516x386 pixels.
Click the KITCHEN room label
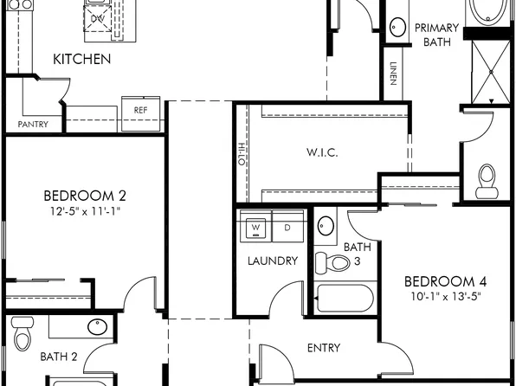82,60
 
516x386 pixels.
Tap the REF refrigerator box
141,110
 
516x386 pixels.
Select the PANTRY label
33,125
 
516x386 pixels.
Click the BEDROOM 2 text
85,195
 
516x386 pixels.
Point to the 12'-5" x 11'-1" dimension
85,210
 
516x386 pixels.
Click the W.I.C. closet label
322,152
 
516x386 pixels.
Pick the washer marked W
256,228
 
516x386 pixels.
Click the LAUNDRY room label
272,261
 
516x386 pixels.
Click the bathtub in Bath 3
345,298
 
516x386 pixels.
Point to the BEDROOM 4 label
440,281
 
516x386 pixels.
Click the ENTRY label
324,348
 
